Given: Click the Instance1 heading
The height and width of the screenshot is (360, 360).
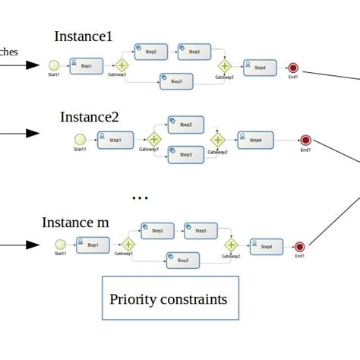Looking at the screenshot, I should point(83,36).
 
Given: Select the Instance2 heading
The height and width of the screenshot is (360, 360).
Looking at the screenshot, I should point(89,117).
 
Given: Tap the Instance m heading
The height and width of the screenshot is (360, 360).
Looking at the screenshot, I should point(75,223).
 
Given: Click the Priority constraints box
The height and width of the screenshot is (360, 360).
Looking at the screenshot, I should point(169,298).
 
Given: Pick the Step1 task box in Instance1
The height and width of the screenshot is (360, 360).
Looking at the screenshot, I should point(85,66).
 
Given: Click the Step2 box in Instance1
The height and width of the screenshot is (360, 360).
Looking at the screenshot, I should point(150,52).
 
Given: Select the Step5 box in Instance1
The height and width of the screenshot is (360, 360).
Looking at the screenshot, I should point(193,52).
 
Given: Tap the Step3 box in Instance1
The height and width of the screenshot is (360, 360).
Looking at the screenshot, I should point(175,81).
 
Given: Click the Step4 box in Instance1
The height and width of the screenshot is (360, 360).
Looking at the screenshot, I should point(257,68).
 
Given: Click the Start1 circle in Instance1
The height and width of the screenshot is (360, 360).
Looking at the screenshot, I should point(54,66).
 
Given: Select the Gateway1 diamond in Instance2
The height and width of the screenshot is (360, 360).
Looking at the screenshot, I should point(154,139).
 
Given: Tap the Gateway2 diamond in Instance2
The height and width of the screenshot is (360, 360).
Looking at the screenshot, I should point(218,139).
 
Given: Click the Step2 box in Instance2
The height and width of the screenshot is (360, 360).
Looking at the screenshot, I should point(184,124).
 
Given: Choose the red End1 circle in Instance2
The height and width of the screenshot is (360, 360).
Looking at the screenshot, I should point(305,140).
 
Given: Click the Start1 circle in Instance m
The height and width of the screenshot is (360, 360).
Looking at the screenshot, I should point(60,245).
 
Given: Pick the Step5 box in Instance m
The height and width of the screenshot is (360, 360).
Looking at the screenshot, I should point(200,230).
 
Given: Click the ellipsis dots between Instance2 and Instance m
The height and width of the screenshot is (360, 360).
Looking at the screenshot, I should point(140,198).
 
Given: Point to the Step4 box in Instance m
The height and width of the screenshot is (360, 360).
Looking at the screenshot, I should point(265,246).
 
